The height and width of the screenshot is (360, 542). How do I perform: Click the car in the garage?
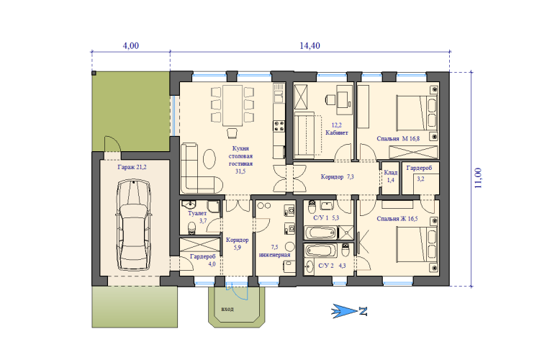click(x=134, y=225)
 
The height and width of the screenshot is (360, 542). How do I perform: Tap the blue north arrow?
click(x=349, y=311)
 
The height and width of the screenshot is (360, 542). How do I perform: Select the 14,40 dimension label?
click(x=310, y=45)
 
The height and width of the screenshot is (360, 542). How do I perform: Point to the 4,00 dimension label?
click(x=131, y=45)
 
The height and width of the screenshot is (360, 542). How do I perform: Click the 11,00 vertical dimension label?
click(x=478, y=178)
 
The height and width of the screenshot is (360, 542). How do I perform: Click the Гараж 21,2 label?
click(x=132, y=167)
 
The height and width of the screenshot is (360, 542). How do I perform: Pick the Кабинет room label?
click(x=337, y=132)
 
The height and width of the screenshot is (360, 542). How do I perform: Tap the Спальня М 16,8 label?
click(x=398, y=139)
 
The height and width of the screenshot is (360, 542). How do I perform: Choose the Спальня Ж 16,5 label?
click(x=397, y=219)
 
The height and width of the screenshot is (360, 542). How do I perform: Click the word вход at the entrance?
click(x=227, y=309)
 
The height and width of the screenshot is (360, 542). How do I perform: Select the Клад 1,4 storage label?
click(x=391, y=176)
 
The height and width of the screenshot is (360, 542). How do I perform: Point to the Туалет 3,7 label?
click(x=198, y=217)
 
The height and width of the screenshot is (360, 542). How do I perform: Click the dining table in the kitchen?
click(x=232, y=105)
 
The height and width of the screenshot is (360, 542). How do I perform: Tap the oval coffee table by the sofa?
click(x=209, y=158)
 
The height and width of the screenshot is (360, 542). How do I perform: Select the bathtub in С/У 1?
click(x=320, y=233)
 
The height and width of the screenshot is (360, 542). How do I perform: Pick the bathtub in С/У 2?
click(x=322, y=251)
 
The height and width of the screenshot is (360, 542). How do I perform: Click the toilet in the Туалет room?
click(x=191, y=228)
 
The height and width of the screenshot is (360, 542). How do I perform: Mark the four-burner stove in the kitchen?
click(x=279, y=126)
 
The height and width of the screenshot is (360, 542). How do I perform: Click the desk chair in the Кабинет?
click(x=330, y=99)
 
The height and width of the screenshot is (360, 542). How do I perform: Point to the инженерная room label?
click(x=274, y=255)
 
